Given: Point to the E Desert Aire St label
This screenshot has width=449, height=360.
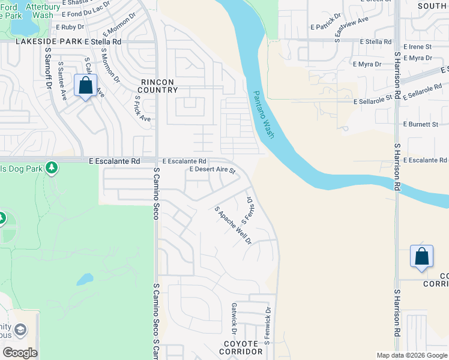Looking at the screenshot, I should click(x=212, y=170).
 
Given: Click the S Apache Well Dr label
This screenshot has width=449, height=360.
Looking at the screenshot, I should click(x=233, y=226).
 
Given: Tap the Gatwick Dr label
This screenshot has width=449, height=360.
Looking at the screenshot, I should click(x=234, y=318).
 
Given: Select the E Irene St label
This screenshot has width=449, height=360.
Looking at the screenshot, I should click(x=418, y=46).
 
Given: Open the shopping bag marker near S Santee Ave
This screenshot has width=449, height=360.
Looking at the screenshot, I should click(x=86, y=85).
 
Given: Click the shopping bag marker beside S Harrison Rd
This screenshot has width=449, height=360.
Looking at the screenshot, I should click(x=421, y=256).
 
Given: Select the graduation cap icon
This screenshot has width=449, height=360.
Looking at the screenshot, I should click(x=20, y=331).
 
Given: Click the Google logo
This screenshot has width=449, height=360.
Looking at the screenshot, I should click(x=20, y=353).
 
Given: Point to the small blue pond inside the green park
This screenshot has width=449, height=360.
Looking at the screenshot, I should click(x=85, y=280).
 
